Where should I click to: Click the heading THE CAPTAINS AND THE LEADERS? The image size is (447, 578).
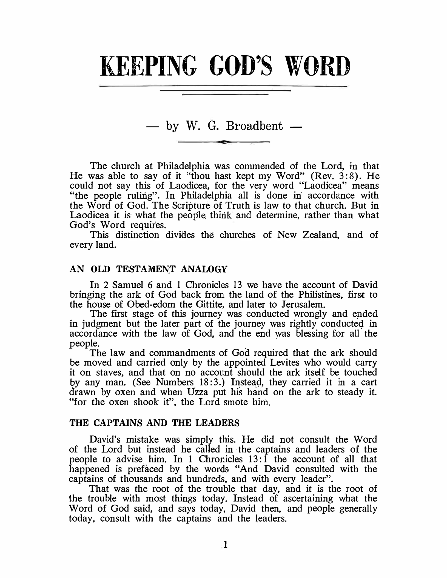coord(155,423)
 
